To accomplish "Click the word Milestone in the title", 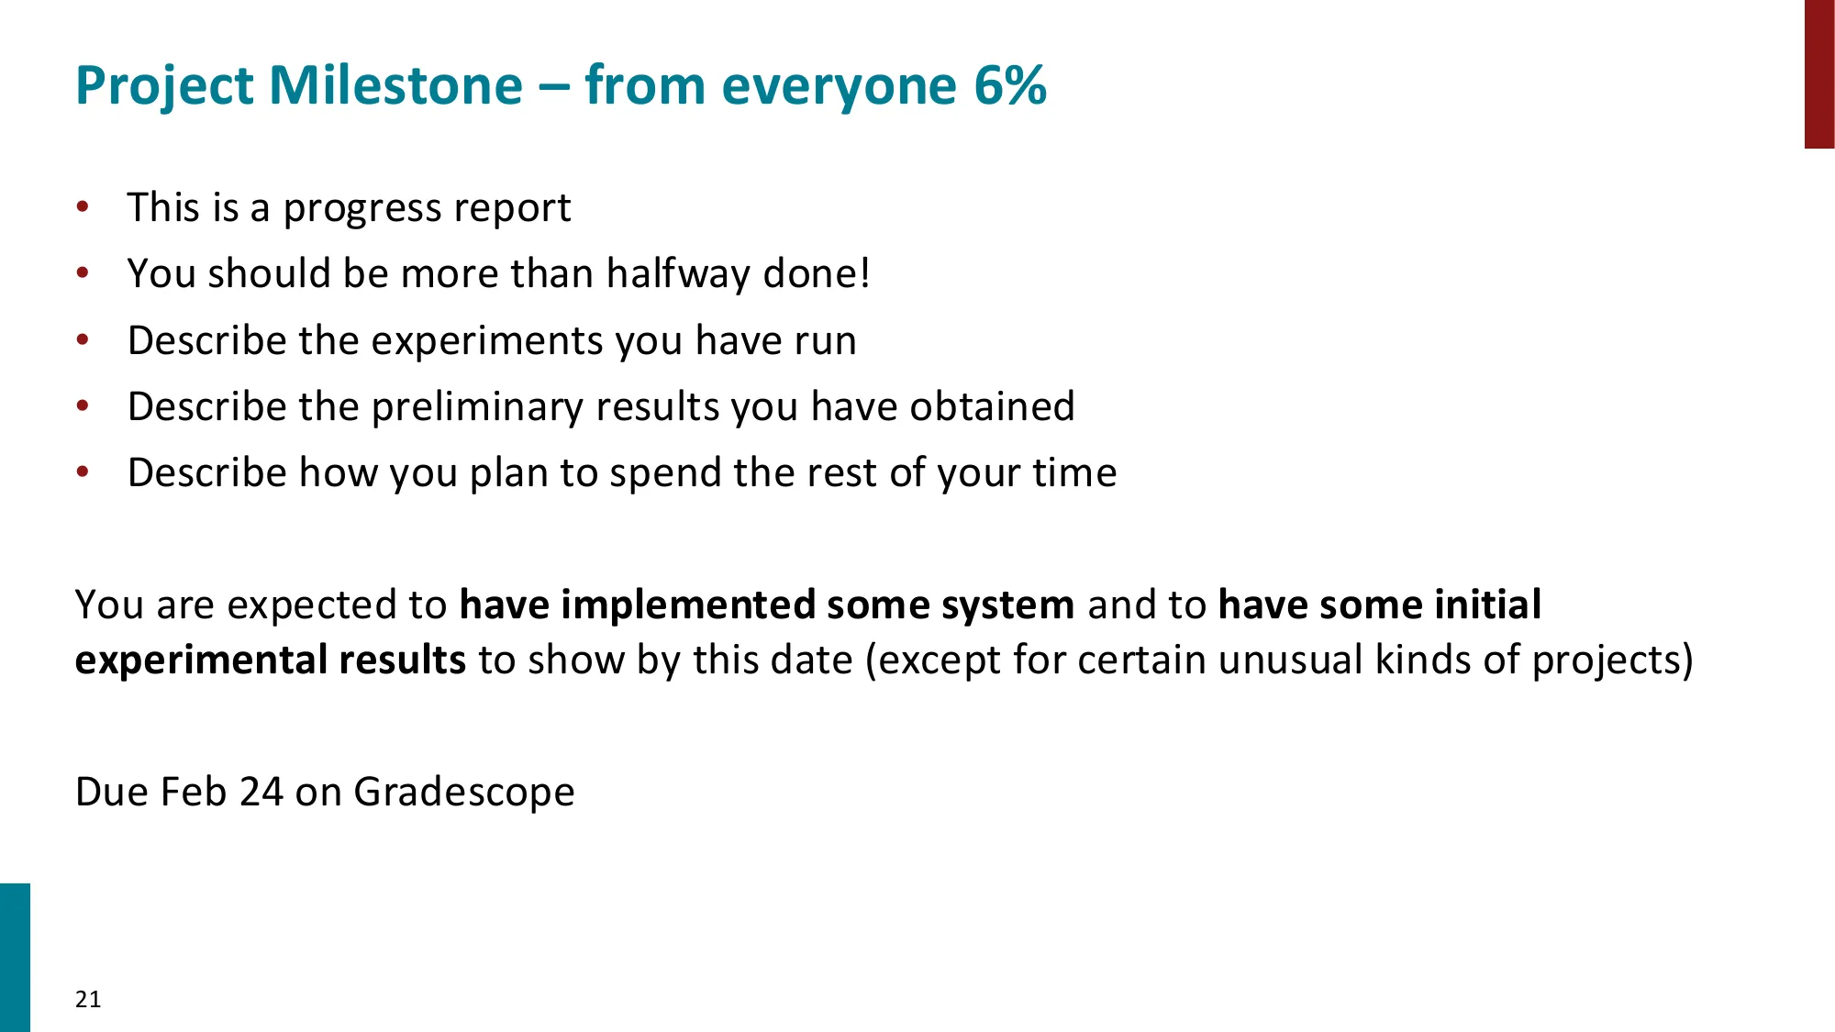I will [x=395, y=85].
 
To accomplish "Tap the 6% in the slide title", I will [x=1009, y=85].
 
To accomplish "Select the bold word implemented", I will [x=687, y=605].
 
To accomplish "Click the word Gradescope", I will [x=464, y=793].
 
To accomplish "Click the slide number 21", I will [x=88, y=999].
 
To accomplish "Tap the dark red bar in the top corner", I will [x=1818, y=73].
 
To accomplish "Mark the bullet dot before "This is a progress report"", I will [x=83, y=206].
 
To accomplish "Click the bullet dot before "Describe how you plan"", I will [x=83, y=472].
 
